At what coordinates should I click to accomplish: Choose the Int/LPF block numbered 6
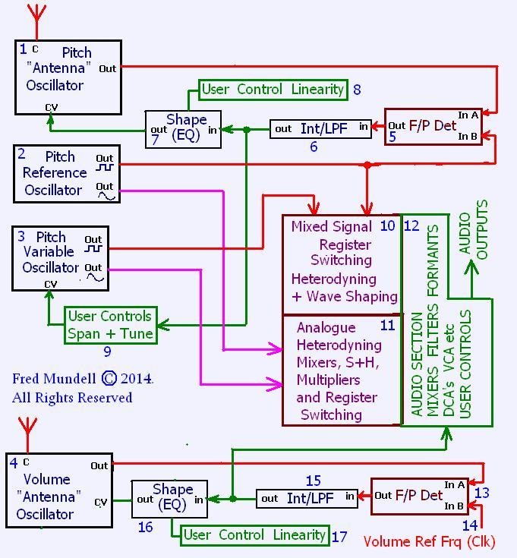point(321,129)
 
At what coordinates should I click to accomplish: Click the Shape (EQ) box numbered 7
point(182,129)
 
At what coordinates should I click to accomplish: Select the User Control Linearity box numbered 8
point(273,90)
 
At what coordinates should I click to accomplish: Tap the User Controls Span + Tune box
point(109,325)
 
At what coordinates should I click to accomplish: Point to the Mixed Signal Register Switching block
point(341,261)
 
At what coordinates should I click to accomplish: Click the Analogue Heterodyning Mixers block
point(341,370)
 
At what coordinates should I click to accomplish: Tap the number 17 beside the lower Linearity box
point(339,537)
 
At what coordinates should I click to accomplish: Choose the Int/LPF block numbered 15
point(307,499)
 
